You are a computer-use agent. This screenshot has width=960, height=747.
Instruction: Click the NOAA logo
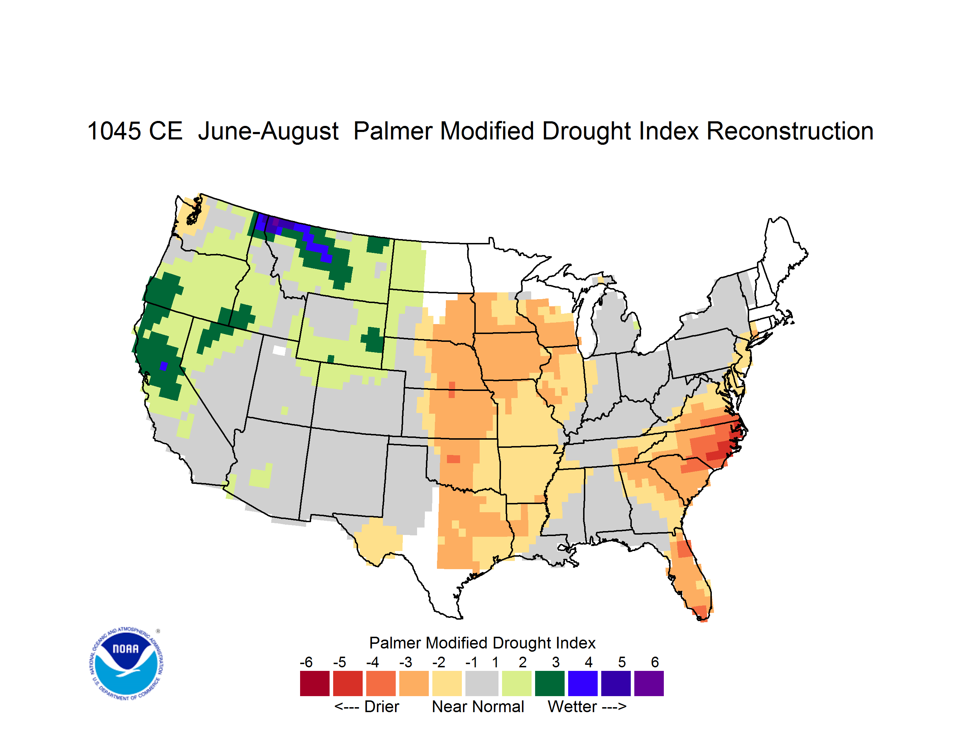coord(126,664)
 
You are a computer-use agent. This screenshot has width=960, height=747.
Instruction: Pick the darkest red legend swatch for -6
coord(315,683)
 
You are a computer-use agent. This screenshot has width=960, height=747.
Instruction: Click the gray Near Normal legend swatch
coord(482,683)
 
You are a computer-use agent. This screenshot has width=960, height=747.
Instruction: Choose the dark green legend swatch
coord(549,683)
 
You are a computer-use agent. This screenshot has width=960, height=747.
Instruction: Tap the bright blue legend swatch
coord(582,683)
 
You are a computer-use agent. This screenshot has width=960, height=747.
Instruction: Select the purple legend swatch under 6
coord(649,683)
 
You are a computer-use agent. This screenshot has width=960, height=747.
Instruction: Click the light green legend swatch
coord(517,683)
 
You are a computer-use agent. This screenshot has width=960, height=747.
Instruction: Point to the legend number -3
coord(406,662)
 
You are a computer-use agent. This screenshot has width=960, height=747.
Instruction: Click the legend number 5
coord(622,662)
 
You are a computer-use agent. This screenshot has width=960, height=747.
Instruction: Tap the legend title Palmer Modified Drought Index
coord(482,643)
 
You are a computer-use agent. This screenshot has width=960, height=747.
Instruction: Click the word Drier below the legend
coord(382,706)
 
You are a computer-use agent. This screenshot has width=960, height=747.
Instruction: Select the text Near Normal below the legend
coord(478,706)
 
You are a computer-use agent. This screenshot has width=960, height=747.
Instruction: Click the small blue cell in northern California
coord(164,366)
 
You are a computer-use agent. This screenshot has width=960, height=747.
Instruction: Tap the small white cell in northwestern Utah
coord(279,350)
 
